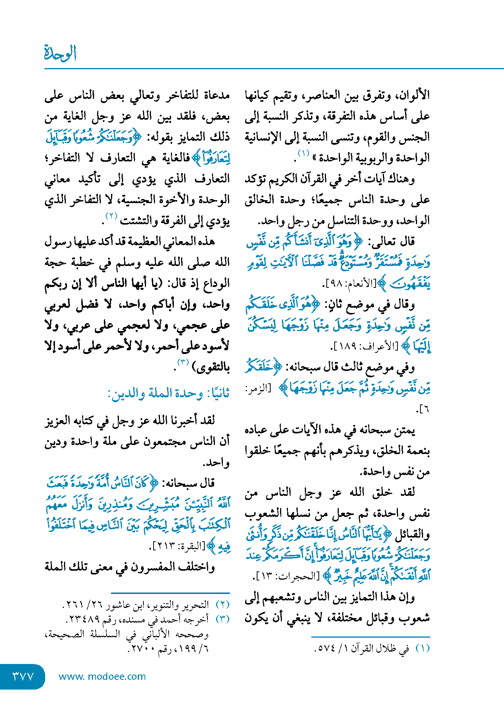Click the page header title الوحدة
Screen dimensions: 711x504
click(60, 53)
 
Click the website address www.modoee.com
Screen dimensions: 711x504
click(102, 676)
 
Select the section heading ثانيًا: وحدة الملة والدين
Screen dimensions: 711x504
click(169, 393)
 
